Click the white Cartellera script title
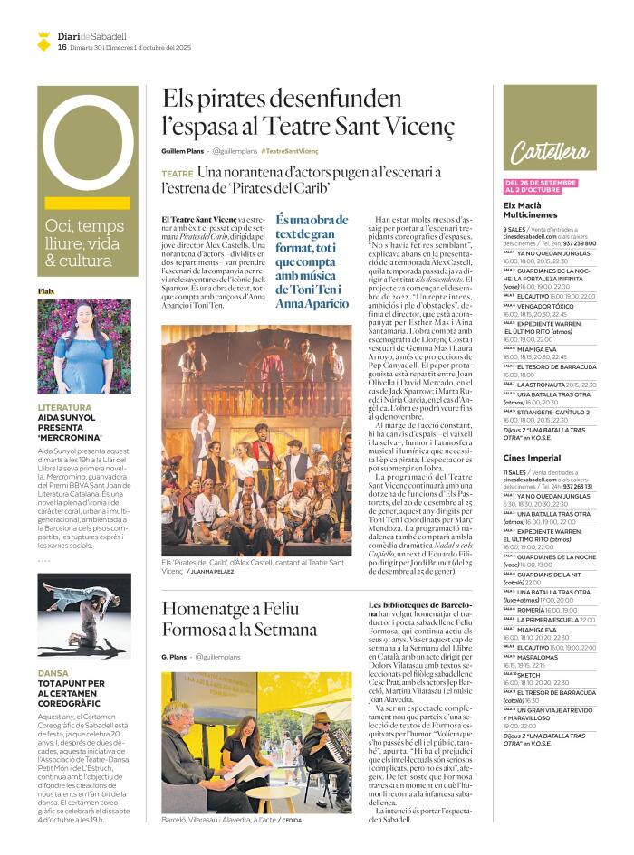(x=548, y=151)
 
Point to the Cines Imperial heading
(x=532, y=458)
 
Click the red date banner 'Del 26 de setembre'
(x=541, y=186)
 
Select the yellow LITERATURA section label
(x=64, y=407)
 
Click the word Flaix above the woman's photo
(x=46, y=291)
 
